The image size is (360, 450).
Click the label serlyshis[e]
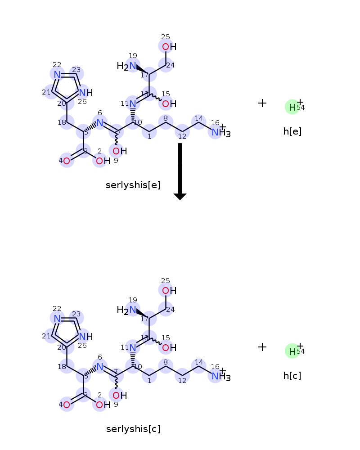[133, 185]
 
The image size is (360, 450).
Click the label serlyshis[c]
[133, 429]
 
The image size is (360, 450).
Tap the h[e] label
[292, 131]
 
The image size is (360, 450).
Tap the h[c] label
[292, 376]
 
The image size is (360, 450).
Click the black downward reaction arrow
[180, 171]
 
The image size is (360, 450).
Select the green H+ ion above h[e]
[292, 107]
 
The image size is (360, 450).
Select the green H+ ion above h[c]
[292, 351]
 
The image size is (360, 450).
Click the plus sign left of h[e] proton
[262, 103]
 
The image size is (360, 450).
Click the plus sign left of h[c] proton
[262, 347]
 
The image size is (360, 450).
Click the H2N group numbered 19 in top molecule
[126, 66]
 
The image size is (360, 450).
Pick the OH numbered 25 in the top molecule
[169, 47]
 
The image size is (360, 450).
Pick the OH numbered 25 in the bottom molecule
[169, 291]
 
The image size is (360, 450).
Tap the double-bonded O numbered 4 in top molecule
[67, 161]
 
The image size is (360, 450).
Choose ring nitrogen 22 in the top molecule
[57, 75]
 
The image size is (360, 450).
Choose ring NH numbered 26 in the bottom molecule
[86, 336]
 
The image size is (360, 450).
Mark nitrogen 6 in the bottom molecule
[99, 366]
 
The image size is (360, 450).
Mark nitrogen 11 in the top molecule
[133, 103]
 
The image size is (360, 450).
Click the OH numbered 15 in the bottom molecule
[169, 348]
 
